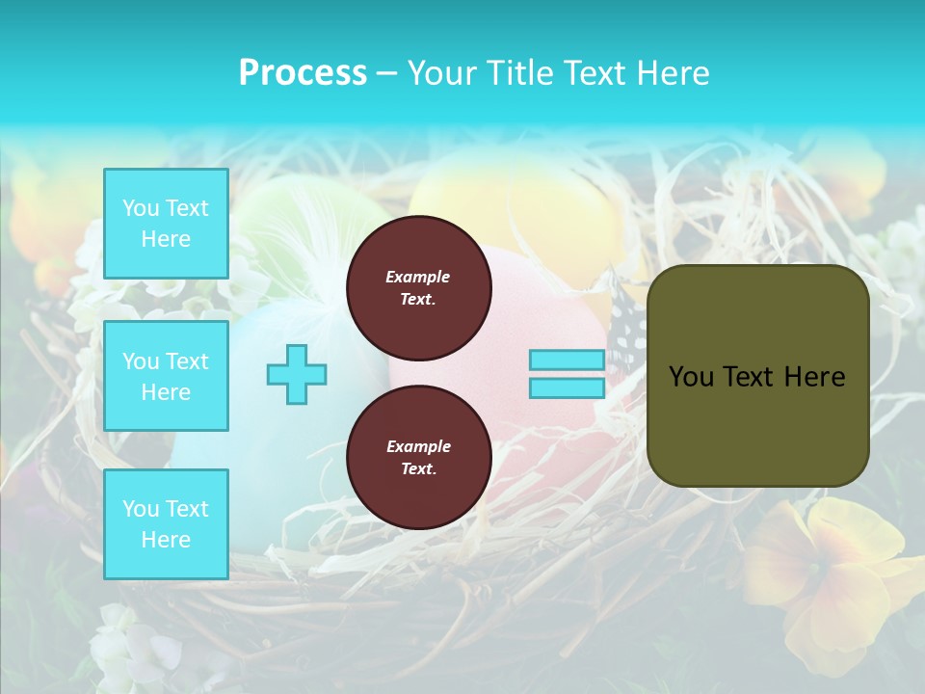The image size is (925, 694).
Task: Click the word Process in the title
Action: click(x=303, y=73)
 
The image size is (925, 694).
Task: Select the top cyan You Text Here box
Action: click(x=166, y=224)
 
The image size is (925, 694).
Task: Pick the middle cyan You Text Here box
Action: click(x=166, y=376)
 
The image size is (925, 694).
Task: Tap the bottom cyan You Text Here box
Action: click(x=166, y=524)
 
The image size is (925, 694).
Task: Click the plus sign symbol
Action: click(x=297, y=374)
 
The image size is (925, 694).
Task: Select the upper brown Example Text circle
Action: click(x=418, y=287)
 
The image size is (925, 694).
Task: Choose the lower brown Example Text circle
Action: click(x=418, y=457)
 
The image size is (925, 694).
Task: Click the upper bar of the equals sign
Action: click(x=567, y=360)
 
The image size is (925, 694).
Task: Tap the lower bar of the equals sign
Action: click(x=567, y=387)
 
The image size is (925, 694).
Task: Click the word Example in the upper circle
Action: click(x=418, y=277)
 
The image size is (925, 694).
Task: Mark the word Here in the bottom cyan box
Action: click(x=166, y=540)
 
